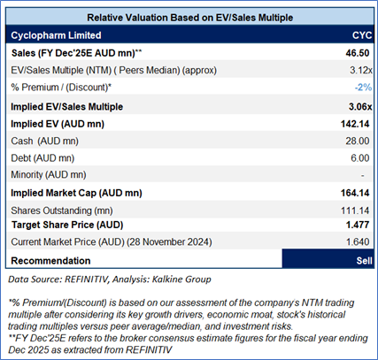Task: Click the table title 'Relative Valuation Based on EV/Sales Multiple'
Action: point(189,18)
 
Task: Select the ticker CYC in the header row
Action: point(362,35)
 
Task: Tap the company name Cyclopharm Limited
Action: point(56,35)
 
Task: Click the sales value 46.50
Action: point(358,53)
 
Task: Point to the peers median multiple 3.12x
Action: point(361,70)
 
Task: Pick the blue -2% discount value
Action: point(363,88)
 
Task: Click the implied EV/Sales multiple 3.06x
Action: point(360,106)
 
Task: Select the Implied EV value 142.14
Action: point(355,124)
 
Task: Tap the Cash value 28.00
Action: point(358,141)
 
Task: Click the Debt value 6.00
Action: point(360,158)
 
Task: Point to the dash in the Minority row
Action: point(363,176)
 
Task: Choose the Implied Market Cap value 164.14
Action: point(355,193)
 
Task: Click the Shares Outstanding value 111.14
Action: point(355,211)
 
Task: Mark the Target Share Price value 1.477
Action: point(358,225)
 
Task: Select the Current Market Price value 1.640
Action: point(358,241)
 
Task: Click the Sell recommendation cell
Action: point(328,258)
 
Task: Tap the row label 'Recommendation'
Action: point(50,261)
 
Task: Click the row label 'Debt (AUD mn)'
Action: point(42,158)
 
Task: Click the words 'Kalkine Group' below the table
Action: point(181,280)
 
